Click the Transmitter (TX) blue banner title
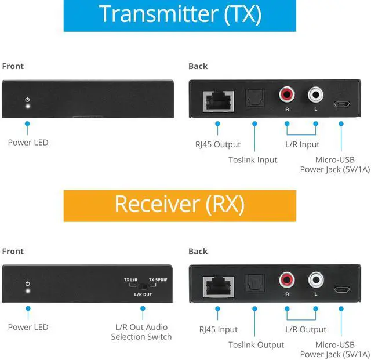[180, 14]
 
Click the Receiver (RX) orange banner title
[180, 205]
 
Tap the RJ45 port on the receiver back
[217, 285]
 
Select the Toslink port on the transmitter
[254, 99]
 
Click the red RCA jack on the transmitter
[286, 93]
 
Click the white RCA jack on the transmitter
[316, 93]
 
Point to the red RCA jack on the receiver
[286, 279]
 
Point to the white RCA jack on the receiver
[316, 279]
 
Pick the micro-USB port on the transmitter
[341, 104]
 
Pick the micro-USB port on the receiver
[341, 290]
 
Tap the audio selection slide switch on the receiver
[141, 286]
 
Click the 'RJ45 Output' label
[219, 144]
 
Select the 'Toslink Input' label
[253, 159]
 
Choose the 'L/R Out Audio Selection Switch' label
[141, 332]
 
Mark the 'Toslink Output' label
[256, 345]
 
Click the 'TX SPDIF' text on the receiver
[158, 279]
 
